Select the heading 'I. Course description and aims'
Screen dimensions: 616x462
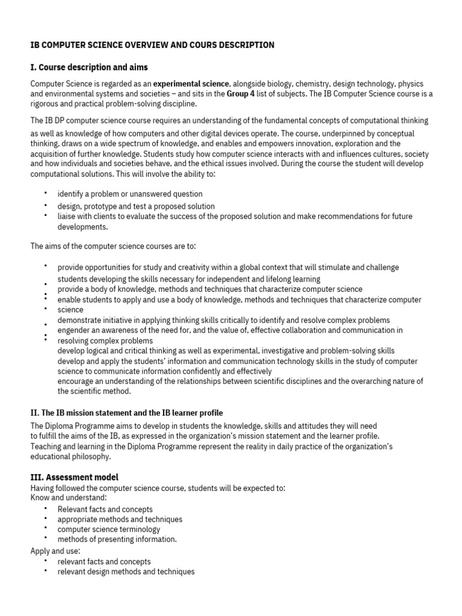(x=89, y=67)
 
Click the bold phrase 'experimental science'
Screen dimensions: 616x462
(x=191, y=84)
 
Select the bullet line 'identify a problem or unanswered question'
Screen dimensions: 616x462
(x=130, y=194)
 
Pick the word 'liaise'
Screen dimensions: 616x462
(x=67, y=217)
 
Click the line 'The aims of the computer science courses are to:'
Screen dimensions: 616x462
(x=113, y=246)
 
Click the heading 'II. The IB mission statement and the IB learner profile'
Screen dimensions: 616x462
(x=126, y=413)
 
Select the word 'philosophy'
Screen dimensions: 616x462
(x=92, y=457)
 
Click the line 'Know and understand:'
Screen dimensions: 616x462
(x=69, y=497)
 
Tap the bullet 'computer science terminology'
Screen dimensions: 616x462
(x=109, y=529)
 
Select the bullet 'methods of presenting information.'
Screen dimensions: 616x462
(x=117, y=540)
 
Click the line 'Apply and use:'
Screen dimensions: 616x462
(x=54, y=550)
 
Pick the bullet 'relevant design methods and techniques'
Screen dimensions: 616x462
(x=126, y=571)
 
